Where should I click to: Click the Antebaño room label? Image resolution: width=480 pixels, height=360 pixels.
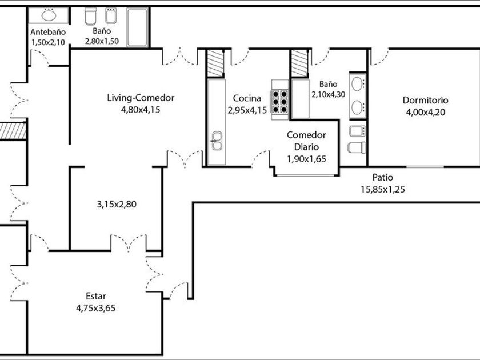[x=48, y=32]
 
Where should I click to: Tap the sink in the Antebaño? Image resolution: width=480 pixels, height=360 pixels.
[x=49, y=15]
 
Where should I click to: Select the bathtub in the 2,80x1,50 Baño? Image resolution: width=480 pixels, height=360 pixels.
[x=137, y=27]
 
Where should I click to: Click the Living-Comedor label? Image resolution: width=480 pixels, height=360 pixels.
[x=141, y=98]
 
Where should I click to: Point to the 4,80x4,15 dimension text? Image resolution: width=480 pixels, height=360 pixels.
[x=141, y=110]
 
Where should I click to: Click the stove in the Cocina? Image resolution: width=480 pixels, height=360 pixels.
[x=280, y=102]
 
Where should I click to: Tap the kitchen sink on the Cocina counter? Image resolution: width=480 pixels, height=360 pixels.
[x=217, y=141]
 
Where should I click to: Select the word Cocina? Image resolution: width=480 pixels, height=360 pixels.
[x=247, y=98]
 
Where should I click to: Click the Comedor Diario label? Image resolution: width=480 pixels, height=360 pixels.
[x=306, y=141]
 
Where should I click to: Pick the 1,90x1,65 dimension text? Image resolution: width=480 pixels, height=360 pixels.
[x=306, y=159]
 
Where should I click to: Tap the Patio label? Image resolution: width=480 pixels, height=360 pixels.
[x=382, y=178]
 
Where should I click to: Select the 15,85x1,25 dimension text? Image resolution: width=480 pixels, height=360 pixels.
[x=382, y=190]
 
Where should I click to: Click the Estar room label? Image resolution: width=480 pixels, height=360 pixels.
[x=96, y=296]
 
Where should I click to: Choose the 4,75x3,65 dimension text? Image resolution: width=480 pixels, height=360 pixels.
[x=96, y=308]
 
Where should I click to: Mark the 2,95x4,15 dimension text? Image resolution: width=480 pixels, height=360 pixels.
[x=247, y=110]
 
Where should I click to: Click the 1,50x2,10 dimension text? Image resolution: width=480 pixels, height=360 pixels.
[x=48, y=41]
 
